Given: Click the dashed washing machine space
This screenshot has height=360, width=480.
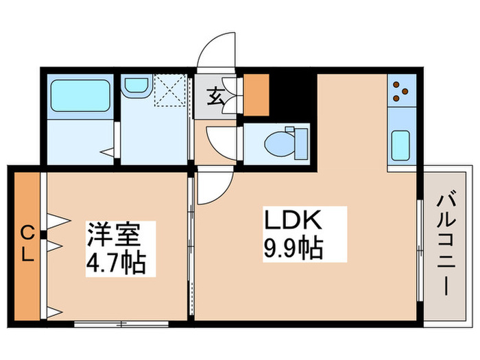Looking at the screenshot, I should tap(170, 91).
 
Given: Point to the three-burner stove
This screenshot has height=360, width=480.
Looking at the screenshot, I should tap(401, 91).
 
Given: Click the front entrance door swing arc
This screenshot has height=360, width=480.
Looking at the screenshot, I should tap(218, 51).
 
